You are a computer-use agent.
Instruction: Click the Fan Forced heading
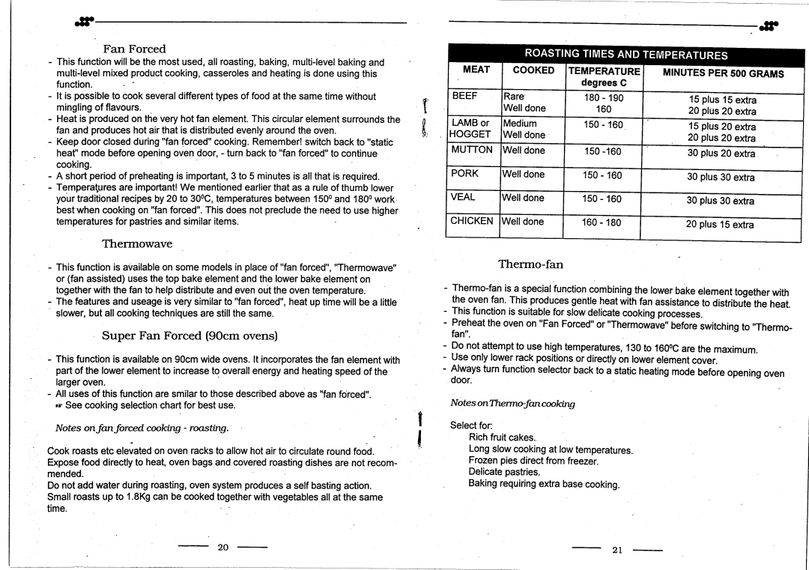[x=134, y=49]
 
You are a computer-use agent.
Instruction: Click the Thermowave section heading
[x=137, y=243]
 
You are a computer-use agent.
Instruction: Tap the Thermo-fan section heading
[x=530, y=264]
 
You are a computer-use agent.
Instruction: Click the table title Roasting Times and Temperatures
[x=625, y=54]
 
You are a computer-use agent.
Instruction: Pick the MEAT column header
[x=476, y=70]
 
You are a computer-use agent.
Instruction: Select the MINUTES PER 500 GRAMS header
[x=723, y=73]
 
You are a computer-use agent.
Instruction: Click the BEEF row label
[x=463, y=97]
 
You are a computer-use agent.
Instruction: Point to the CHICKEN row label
[x=472, y=221]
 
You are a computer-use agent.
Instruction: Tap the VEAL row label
[x=464, y=198]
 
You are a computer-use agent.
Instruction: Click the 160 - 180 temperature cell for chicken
[x=602, y=222]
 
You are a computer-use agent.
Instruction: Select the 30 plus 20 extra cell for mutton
[x=721, y=154]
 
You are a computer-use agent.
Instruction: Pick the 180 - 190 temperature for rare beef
[x=602, y=98]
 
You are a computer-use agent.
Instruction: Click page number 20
[x=222, y=547]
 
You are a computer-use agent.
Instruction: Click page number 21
[x=617, y=549]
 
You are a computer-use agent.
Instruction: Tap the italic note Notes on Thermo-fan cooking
[x=512, y=404]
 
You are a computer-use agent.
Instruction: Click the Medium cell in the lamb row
[x=520, y=124]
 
